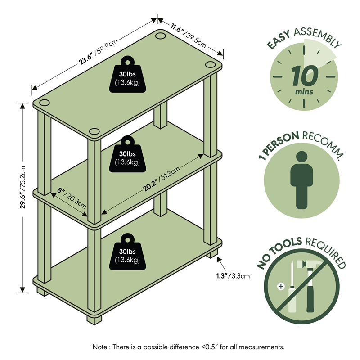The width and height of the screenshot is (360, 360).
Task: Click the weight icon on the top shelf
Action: point(127,76)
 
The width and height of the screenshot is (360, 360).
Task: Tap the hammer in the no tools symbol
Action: point(313,283)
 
